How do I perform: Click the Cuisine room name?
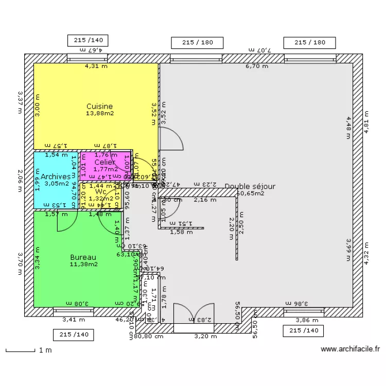click(x=99, y=107)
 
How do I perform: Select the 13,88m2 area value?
click(x=99, y=113)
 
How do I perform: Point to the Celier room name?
click(x=105, y=162)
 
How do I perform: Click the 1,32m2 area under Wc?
click(x=100, y=198)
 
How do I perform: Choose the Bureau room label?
click(x=83, y=257)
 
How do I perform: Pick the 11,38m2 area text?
click(x=84, y=265)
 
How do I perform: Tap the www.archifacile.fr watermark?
click(x=350, y=349)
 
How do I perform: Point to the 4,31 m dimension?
click(x=96, y=66)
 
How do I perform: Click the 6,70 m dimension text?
click(x=256, y=66)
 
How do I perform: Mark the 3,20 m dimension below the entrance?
click(x=202, y=337)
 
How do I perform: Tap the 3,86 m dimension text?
click(x=307, y=320)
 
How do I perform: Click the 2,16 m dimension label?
click(x=204, y=200)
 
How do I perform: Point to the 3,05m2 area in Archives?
click(x=57, y=183)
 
